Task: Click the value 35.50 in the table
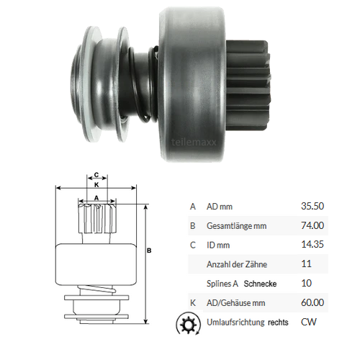(x=312, y=206)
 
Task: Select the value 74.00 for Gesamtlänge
(x=312, y=226)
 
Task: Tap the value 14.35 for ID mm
(x=312, y=246)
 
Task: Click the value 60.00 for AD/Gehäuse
(x=312, y=304)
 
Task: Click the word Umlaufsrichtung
(x=235, y=323)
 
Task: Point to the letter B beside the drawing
(x=149, y=251)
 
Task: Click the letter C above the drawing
(x=96, y=174)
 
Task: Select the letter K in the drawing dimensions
(x=96, y=184)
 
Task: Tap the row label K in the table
(x=192, y=304)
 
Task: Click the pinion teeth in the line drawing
(x=96, y=217)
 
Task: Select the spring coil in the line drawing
(x=96, y=288)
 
